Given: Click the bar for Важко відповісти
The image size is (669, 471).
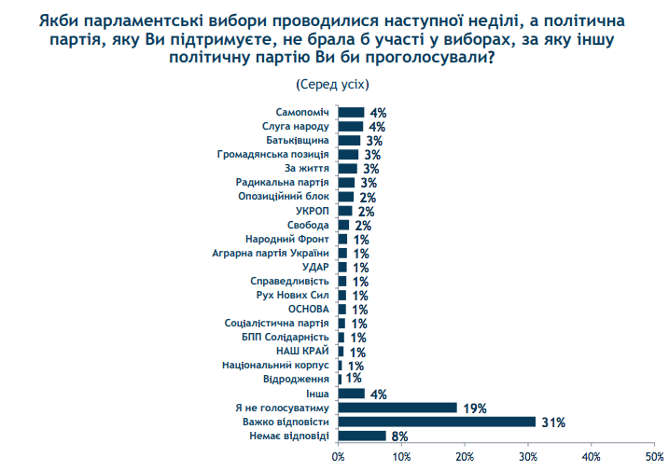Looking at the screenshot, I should pos(437,422).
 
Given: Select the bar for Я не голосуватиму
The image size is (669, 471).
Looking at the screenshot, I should pos(397,408).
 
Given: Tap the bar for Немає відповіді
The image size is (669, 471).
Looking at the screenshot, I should pos(362,436).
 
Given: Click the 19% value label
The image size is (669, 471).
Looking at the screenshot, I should pos(475,408).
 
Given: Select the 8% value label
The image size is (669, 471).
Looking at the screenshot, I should pos(401,436).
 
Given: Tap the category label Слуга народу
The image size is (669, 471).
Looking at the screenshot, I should pos(296,126).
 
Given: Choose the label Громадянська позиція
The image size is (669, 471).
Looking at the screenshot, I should pos(273,155).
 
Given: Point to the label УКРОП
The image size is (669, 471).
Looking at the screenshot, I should pos(314,211).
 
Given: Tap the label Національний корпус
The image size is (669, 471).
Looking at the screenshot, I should pos(276,365).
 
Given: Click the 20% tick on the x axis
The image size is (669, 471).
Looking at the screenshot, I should pos(465,457).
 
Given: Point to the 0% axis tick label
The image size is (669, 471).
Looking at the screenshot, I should pos(338,457).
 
